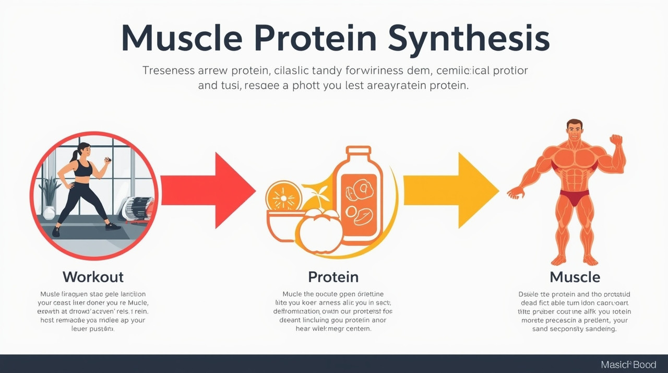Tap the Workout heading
pyautogui.click(x=93, y=276)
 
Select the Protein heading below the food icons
pyautogui.click(x=333, y=276)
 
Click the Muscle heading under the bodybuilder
pyautogui.click(x=575, y=276)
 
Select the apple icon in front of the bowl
pyautogui.click(x=320, y=230)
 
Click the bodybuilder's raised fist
pyautogui.click(x=616, y=140)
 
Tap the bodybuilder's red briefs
pyautogui.click(x=574, y=197)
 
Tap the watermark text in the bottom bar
pyautogui.click(x=628, y=364)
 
